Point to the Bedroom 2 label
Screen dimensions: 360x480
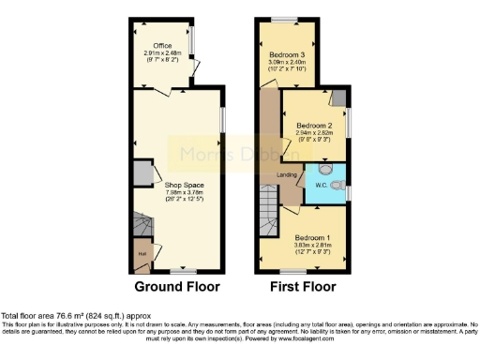(315, 125)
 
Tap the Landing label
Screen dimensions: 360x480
(288, 175)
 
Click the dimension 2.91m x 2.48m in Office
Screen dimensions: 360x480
(165, 52)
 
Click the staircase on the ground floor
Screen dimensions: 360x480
(142, 228)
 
